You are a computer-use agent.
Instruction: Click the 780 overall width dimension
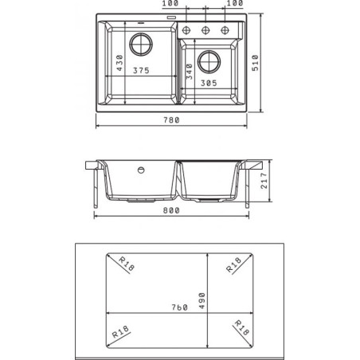(171, 120)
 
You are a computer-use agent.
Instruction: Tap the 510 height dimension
(255, 63)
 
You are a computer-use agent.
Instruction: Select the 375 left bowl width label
(141, 71)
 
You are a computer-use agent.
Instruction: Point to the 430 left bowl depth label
(119, 63)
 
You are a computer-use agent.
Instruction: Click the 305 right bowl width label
(209, 83)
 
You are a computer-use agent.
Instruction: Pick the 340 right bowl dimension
(190, 72)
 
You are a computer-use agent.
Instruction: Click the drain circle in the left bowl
(141, 45)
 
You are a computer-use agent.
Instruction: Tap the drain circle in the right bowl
(209, 62)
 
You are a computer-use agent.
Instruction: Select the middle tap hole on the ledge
(205, 30)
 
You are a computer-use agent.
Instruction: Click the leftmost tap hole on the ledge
(186, 30)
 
